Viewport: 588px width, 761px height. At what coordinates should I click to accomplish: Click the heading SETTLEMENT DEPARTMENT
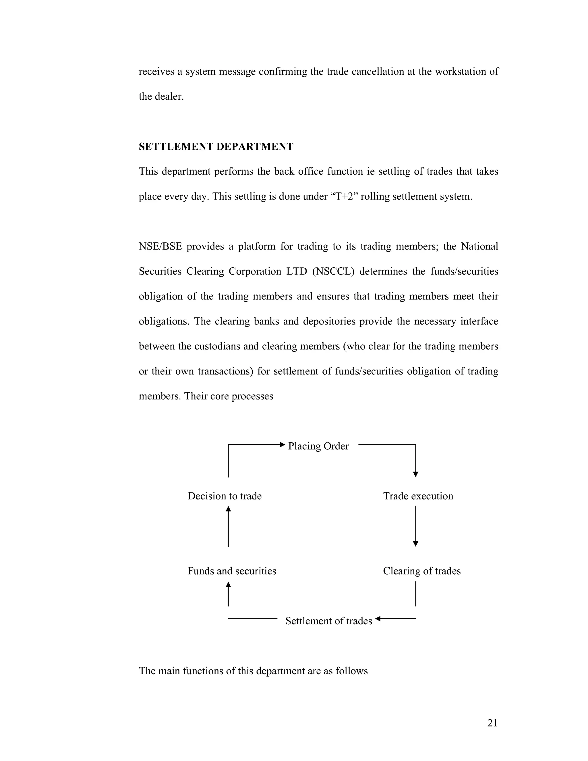pyautogui.click(x=216, y=147)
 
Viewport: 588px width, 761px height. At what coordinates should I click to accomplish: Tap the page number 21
pyautogui.click(x=492, y=723)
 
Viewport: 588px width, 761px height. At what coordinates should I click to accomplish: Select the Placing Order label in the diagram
pyautogui.click(x=318, y=446)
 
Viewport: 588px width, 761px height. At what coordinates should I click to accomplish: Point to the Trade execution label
pyautogui.click(x=418, y=496)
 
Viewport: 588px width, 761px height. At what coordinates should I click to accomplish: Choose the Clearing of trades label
pyautogui.click(x=421, y=571)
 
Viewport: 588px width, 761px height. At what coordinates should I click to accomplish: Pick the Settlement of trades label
pyautogui.click(x=328, y=621)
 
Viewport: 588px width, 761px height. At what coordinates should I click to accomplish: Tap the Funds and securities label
pyautogui.click(x=232, y=571)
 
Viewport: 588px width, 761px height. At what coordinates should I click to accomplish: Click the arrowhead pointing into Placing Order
pyautogui.click(x=283, y=444)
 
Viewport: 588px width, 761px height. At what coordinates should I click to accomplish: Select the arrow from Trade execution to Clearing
pyautogui.click(x=415, y=526)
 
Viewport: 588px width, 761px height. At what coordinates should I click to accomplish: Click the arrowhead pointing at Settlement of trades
pyautogui.click(x=378, y=619)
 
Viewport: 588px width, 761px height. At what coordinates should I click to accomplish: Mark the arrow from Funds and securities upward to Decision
pyautogui.click(x=228, y=526)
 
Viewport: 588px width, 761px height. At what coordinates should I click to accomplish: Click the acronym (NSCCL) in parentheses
pyautogui.click(x=333, y=271)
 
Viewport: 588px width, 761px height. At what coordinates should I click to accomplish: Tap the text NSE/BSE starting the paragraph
pyautogui.click(x=160, y=246)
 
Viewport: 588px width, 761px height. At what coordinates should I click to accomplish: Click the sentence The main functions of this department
pyautogui.click(x=253, y=671)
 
